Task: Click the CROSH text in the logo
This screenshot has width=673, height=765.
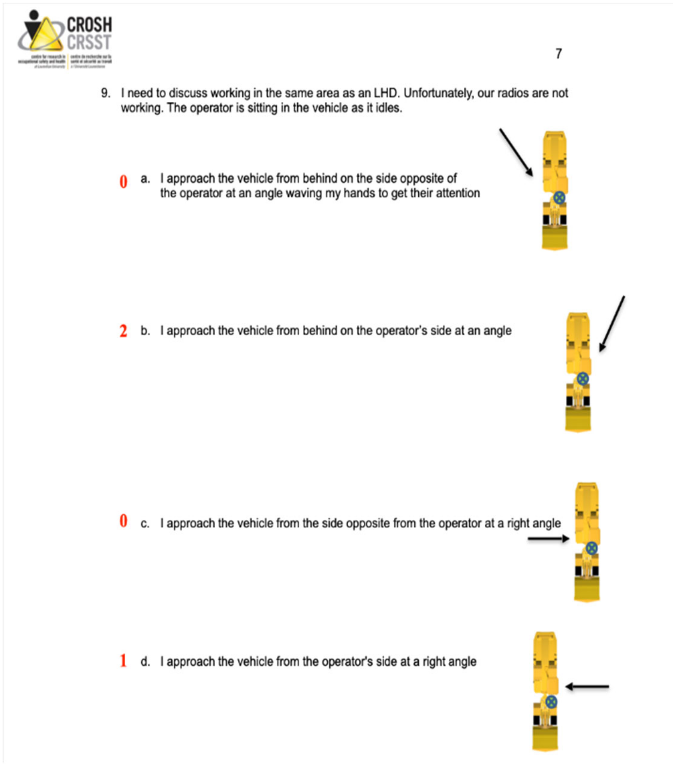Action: click(89, 25)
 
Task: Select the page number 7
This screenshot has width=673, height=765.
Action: click(559, 54)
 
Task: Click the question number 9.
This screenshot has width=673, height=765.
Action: click(105, 93)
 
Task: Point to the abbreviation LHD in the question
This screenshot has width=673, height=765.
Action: click(385, 93)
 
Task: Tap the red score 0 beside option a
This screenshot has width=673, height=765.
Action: click(123, 182)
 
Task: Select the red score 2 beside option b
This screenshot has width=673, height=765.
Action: click(123, 331)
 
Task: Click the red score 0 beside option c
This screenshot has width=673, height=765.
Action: click(123, 521)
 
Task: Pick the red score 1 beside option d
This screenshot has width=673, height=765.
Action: click(123, 660)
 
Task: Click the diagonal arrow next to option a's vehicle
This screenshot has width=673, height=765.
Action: click(516, 152)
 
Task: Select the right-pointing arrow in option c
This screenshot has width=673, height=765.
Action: click(548, 539)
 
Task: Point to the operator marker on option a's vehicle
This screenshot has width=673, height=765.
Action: click(559, 198)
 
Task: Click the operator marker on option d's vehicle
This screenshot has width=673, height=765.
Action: click(551, 701)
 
